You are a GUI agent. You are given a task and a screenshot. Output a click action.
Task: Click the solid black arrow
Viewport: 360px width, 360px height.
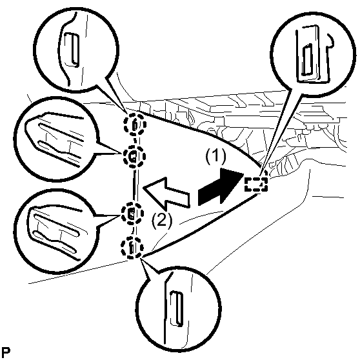[x=221, y=187]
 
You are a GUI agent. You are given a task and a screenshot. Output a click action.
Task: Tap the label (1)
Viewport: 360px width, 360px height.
[x=215, y=157]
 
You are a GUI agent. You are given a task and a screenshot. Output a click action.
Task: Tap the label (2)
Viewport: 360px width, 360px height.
[x=162, y=221]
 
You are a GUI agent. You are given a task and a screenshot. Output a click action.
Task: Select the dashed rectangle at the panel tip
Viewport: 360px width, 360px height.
[x=256, y=184]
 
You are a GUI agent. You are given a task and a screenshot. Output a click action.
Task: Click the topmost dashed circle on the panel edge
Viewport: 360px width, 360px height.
[x=135, y=125]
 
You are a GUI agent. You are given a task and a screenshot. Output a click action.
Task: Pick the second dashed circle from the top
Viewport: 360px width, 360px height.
[x=134, y=157]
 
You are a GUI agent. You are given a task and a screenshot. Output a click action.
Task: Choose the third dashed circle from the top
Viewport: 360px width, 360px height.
[x=132, y=214]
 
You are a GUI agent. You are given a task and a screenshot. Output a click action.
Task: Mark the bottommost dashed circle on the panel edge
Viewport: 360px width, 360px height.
[x=132, y=248]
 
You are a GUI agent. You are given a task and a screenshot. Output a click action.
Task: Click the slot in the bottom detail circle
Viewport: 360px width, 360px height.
[x=177, y=308]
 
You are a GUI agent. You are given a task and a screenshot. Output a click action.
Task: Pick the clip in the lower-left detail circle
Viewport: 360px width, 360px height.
[x=56, y=234]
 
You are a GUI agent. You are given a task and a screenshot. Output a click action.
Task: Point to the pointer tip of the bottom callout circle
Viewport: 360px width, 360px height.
[x=141, y=258]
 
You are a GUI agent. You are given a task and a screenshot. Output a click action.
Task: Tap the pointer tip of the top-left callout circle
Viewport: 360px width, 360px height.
[x=126, y=112]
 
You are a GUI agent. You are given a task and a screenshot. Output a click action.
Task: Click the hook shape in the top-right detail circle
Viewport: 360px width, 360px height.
[x=330, y=41]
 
